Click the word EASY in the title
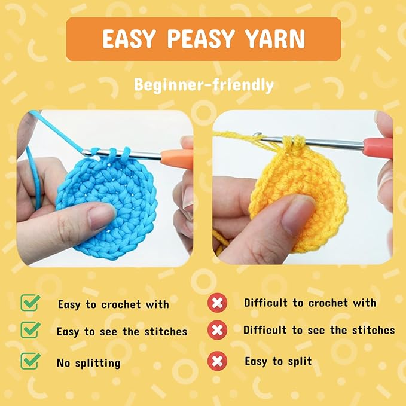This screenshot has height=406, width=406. pyautogui.click(x=129, y=39)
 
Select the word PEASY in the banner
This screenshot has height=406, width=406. pyautogui.click(x=200, y=39)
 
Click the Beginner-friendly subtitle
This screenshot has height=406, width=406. pyautogui.click(x=203, y=85)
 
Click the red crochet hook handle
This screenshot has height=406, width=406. pyautogui.click(x=377, y=145)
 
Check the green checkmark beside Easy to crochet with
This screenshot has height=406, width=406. pyautogui.click(x=30, y=303)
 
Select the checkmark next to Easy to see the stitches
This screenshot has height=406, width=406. pyautogui.click(x=30, y=330)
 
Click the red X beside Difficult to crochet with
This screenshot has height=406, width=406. pyautogui.click(x=218, y=303)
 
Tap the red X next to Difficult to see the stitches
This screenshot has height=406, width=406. pyautogui.click(x=218, y=330)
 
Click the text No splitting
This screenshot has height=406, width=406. pyautogui.click(x=88, y=362)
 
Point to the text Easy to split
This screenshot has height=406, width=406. pyautogui.click(x=278, y=361)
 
